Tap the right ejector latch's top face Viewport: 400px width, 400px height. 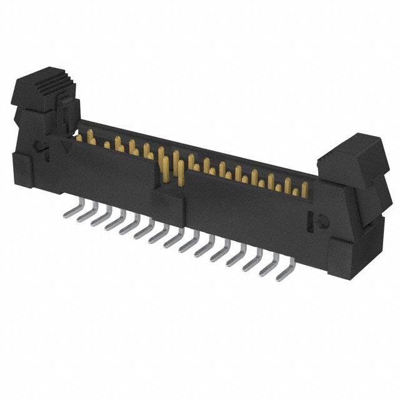tap(350, 150)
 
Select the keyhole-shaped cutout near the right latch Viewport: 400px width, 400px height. tap(316, 221)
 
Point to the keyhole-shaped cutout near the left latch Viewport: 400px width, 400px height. tap(39, 149)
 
